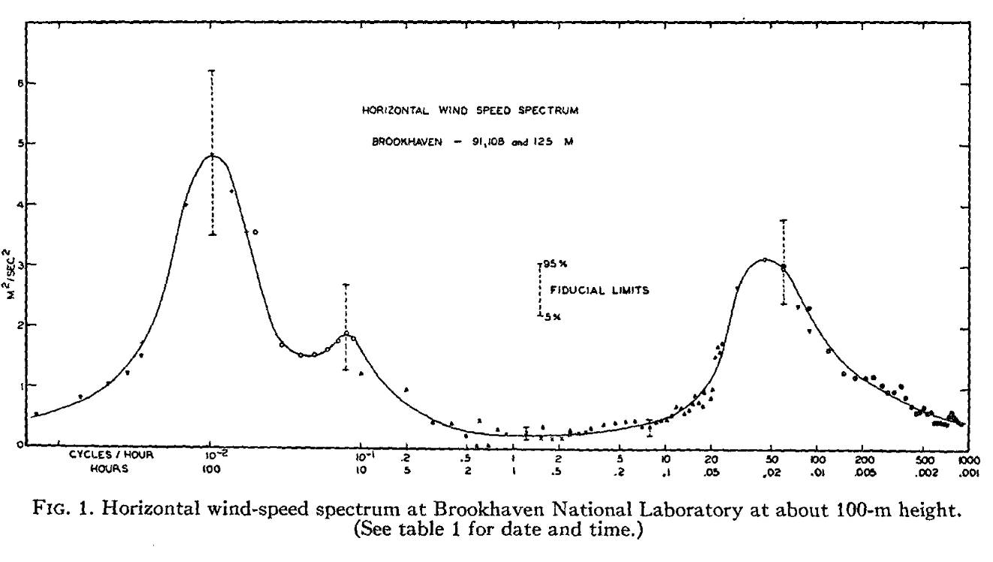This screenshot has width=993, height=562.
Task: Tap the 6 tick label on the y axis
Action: [x=20, y=83]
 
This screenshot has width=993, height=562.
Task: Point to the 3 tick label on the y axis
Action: [x=20, y=264]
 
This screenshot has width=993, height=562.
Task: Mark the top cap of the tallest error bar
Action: [x=212, y=71]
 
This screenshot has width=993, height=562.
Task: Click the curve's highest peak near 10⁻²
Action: [x=212, y=155]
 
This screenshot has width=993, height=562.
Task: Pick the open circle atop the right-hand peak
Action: [x=764, y=260]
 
